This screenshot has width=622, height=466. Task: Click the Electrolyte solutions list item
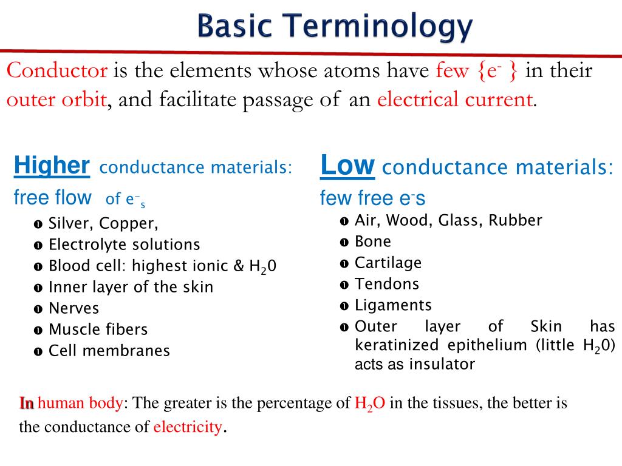124,245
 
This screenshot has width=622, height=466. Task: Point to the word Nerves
73,308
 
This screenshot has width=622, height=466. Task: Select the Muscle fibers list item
98,329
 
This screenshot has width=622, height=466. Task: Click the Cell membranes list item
109,351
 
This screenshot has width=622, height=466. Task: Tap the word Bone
373,241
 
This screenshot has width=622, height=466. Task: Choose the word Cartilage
388,263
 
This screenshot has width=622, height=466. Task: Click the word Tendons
387,284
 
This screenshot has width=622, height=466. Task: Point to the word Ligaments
393,305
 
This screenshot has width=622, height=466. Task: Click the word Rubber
516,220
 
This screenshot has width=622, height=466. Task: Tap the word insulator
442,364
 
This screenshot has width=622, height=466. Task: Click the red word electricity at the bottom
187,427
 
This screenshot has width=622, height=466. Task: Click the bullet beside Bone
344,242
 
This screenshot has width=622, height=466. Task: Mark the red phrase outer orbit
57,99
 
